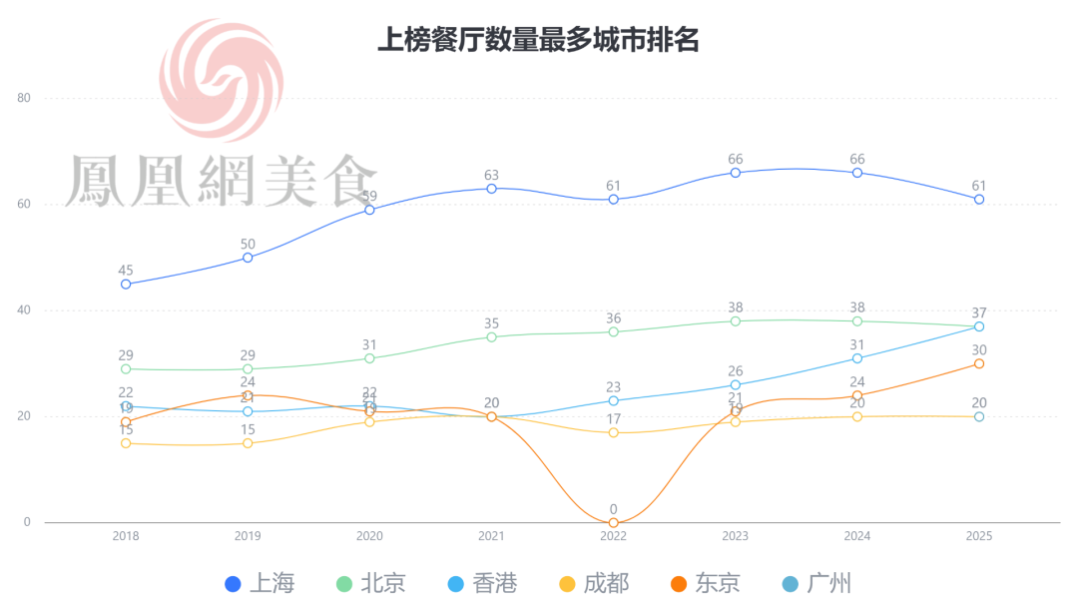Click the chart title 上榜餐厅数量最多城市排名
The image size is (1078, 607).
click(538, 40)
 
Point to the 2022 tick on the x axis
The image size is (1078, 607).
click(613, 536)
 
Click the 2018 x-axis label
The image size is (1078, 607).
click(126, 536)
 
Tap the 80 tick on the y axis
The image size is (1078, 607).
click(25, 98)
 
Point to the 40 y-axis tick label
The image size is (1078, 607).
click(25, 310)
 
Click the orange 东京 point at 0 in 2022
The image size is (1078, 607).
click(613, 522)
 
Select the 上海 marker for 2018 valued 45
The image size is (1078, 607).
click(126, 284)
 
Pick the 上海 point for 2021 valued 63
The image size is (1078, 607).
click(491, 189)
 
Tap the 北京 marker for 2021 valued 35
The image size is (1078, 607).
click(491, 336)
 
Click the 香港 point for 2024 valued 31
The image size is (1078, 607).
click(857, 358)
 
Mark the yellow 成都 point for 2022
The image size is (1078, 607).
click(613, 432)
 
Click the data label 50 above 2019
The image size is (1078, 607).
click(248, 244)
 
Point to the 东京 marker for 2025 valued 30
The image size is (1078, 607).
click(979, 363)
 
